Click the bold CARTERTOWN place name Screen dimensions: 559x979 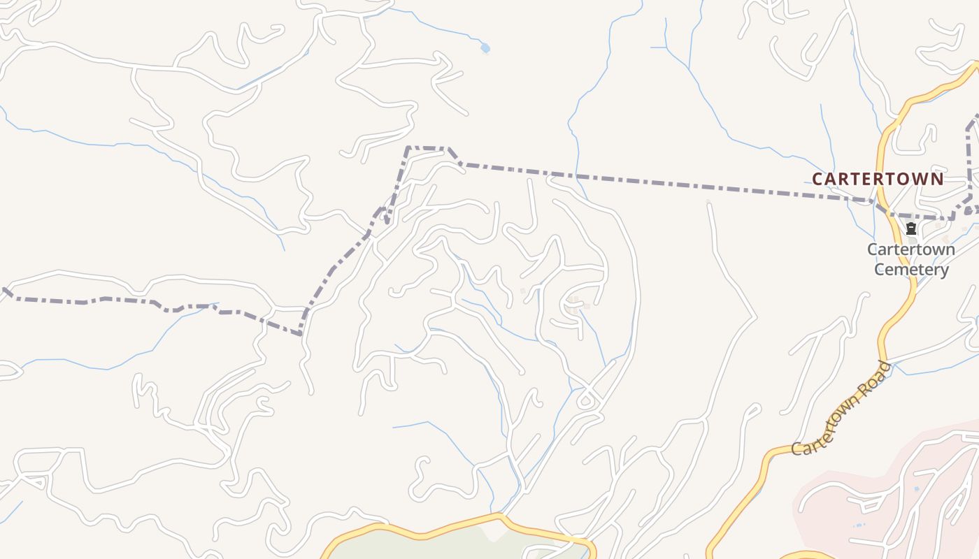(878, 179)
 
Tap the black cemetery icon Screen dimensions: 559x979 (911, 228)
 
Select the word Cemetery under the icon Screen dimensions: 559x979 (912, 270)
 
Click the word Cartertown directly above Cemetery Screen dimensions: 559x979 (911, 249)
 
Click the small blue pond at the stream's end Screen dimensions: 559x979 (485, 48)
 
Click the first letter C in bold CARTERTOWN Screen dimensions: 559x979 (817, 179)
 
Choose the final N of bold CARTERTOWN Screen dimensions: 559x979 (937, 179)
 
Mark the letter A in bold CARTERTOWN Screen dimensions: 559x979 (830, 179)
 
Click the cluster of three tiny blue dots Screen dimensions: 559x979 (859, 525)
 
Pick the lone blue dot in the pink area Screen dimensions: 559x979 (916, 489)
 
